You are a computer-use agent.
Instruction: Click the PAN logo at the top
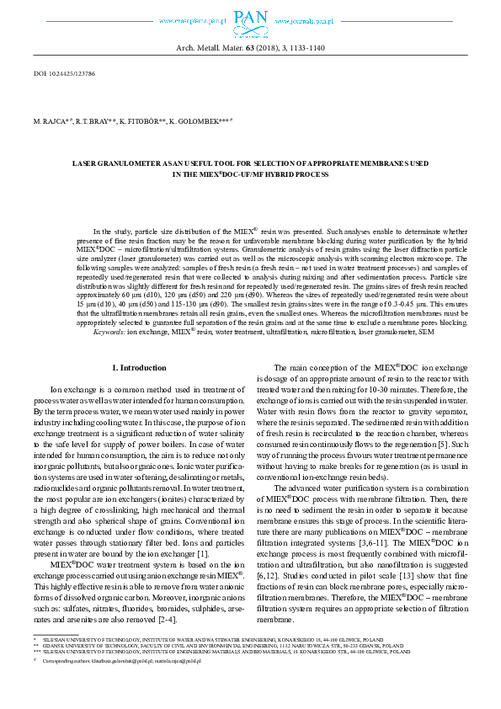pos(250,19)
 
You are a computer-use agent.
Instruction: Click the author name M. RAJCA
pos(50,122)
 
